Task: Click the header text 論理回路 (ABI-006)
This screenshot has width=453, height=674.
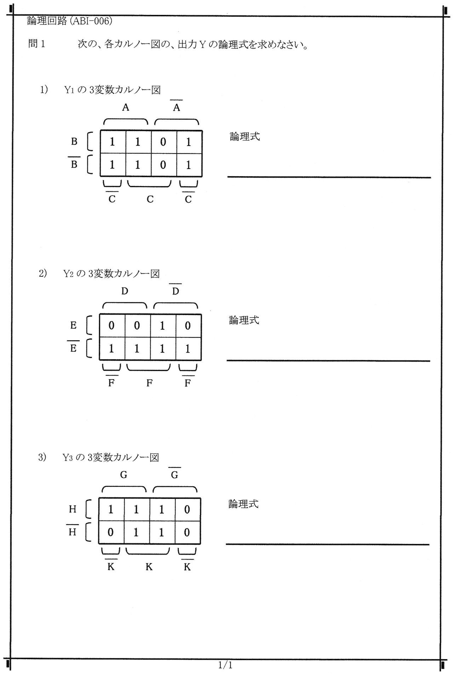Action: pyautogui.click(x=70, y=21)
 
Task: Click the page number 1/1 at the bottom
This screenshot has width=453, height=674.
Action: pyautogui.click(x=225, y=665)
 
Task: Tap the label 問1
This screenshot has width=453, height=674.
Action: pyautogui.click(x=36, y=44)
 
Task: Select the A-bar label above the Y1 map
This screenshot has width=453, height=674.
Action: pyautogui.click(x=177, y=106)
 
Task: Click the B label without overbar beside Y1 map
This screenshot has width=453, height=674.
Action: pyautogui.click(x=74, y=142)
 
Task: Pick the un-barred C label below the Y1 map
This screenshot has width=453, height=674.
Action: pyautogui.click(x=150, y=200)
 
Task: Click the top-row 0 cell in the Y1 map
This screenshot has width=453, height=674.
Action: pyautogui.click(x=163, y=142)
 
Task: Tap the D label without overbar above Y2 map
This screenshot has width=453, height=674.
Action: pyautogui.click(x=125, y=291)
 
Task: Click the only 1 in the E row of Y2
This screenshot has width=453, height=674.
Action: pyautogui.click(x=162, y=326)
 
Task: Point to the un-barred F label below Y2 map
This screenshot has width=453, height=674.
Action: pyautogui.click(x=149, y=383)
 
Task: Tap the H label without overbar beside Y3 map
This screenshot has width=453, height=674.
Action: pyautogui.click(x=73, y=510)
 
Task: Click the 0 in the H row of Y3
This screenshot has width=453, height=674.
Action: pyautogui.click(x=187, y=510)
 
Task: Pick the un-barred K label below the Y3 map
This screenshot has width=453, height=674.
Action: pyautogui.click(x=149, y=567)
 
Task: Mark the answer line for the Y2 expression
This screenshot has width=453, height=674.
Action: pyautogui.click(x=328, y=361)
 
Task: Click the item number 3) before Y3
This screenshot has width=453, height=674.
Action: pyautogui.click(x=42, y=457)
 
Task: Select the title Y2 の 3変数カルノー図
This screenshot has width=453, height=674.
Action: pyautogui.click(x=111, y=274)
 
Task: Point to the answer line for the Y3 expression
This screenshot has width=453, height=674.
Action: pyautogui.click(x=328, y=544)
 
